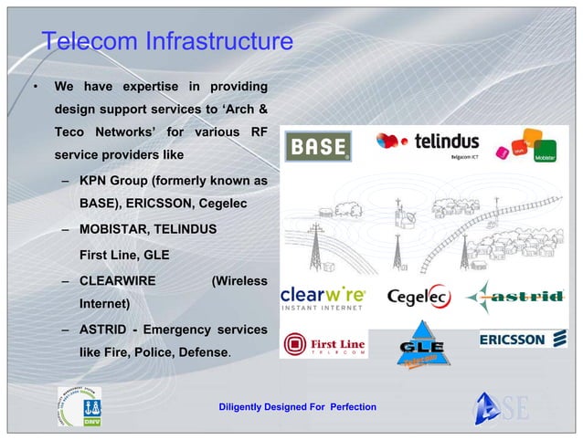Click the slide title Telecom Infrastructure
click(167, 41)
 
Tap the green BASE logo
click(318, 146)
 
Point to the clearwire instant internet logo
click(323, 298)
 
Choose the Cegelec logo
click(418, 298)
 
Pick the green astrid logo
click(514, 298)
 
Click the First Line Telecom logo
click(324, 345)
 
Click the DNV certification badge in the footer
click(79, 405)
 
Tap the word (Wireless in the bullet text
click(238, 280)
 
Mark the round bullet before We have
click(35, 89)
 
